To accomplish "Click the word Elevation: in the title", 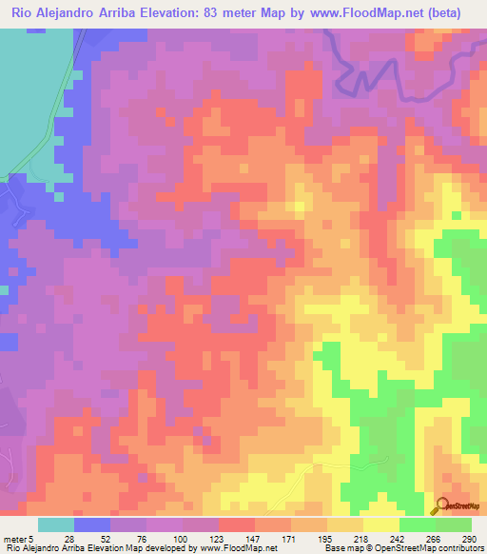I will [178, 13].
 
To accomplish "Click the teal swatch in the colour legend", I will [56, 524].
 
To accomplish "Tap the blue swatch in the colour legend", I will [92, 524].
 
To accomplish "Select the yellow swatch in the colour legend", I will [381, 524].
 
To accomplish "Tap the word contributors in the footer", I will [460, 548].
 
